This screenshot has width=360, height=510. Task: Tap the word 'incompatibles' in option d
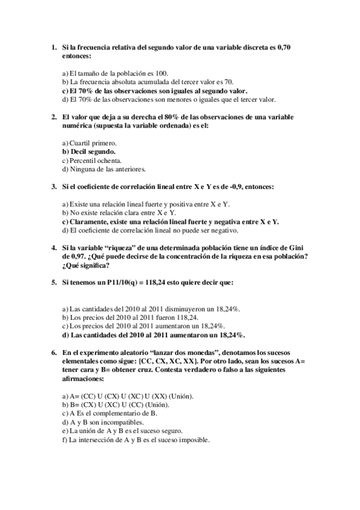[118, 422]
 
